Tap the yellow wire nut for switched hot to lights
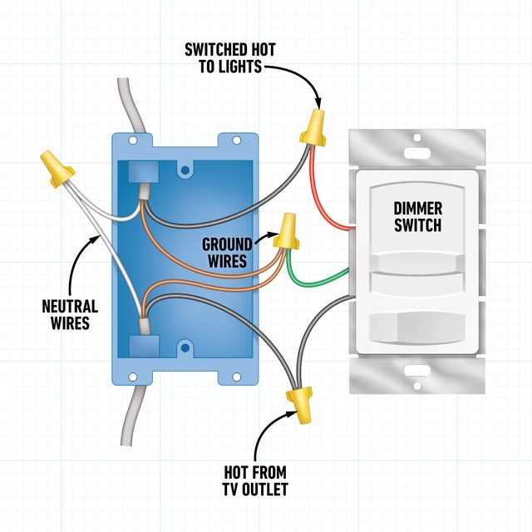[x=314, y=126]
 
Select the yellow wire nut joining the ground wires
[x=288, y=233]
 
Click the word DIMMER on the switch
[x=417, y=208]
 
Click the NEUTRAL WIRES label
[x=70, y=313]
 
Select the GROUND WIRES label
[x=225, y=253]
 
